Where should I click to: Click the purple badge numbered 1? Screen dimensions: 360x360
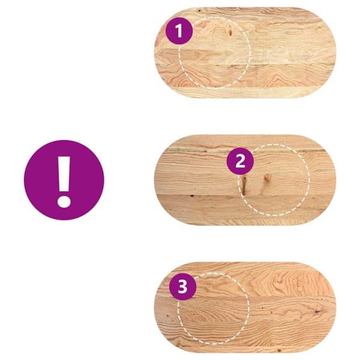tap(179, 31)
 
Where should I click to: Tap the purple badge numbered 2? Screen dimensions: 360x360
tap(240, 161)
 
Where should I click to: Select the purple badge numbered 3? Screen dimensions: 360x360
tap(183, 287)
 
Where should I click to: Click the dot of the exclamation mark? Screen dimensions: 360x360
tap(64, 201)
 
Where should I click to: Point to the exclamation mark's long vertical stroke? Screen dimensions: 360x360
tap(64, 174)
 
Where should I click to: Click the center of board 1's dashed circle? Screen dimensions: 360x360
tap(214, 52)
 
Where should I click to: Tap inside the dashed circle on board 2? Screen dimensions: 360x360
tap(274, 180)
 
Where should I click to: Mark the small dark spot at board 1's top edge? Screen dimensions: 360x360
tap(199, 10)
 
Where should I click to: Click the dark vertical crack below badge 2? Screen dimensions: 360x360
tap(244, 185)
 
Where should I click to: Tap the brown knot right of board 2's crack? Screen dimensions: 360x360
tap(266, 178)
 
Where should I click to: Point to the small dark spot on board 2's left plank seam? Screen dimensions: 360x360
tap(192, 196)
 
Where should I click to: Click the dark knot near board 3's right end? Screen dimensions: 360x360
tap(318, 311)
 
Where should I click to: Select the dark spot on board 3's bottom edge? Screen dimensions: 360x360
tap(279, 350)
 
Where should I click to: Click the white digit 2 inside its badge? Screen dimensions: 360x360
tap(241, 161)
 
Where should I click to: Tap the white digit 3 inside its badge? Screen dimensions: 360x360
tap(183, 287)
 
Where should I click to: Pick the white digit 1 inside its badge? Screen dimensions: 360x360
tap(179, 31)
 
